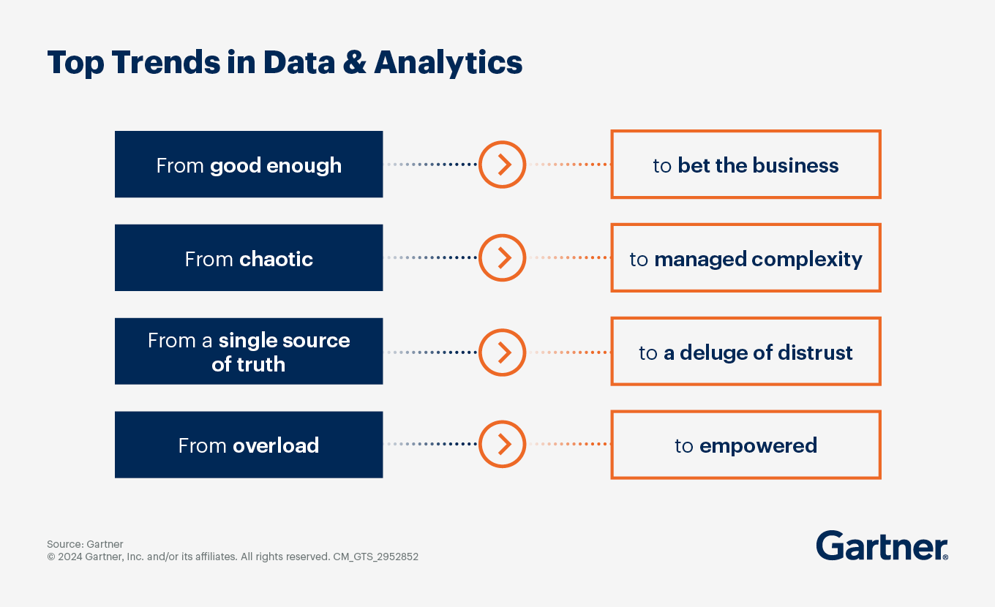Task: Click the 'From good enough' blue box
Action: pos(249,165)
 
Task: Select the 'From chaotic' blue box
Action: pos(249,258)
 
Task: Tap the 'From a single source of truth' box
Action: pos(249,352)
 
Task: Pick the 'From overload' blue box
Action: pos(249,445)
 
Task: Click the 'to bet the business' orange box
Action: pos(746,165)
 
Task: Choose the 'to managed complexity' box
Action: pos(746,258)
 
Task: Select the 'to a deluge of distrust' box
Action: pos(746,352)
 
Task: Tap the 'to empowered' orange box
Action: pos(746,445)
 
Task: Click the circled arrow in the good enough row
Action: pos(503,165)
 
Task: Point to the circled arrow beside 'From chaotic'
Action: pos(503,258)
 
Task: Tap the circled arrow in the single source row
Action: pos(503,352)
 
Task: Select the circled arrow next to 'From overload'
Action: pos(503,445)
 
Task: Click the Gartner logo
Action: pos(882,546)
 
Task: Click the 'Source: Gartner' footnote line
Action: pos(85,544)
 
